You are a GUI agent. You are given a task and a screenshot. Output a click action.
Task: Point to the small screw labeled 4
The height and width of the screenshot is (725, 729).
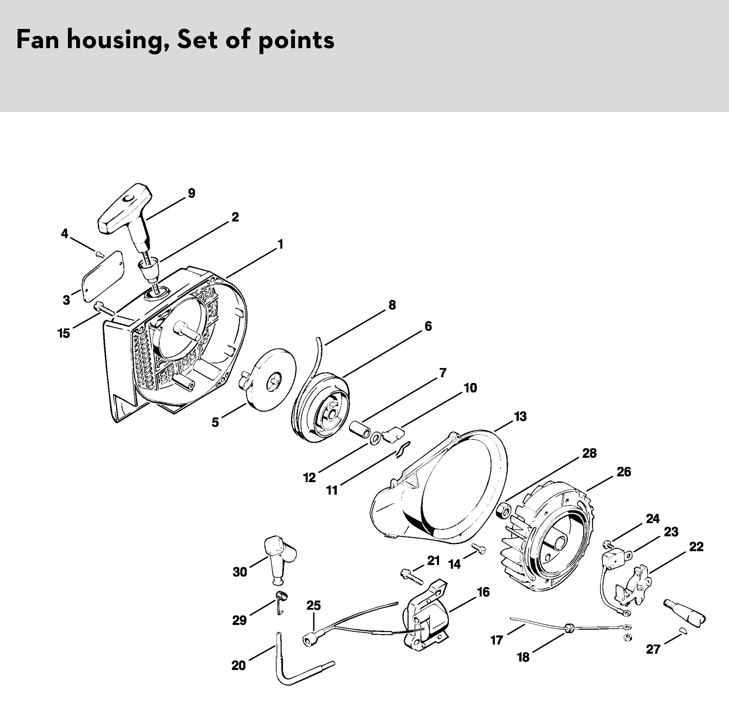100,254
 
